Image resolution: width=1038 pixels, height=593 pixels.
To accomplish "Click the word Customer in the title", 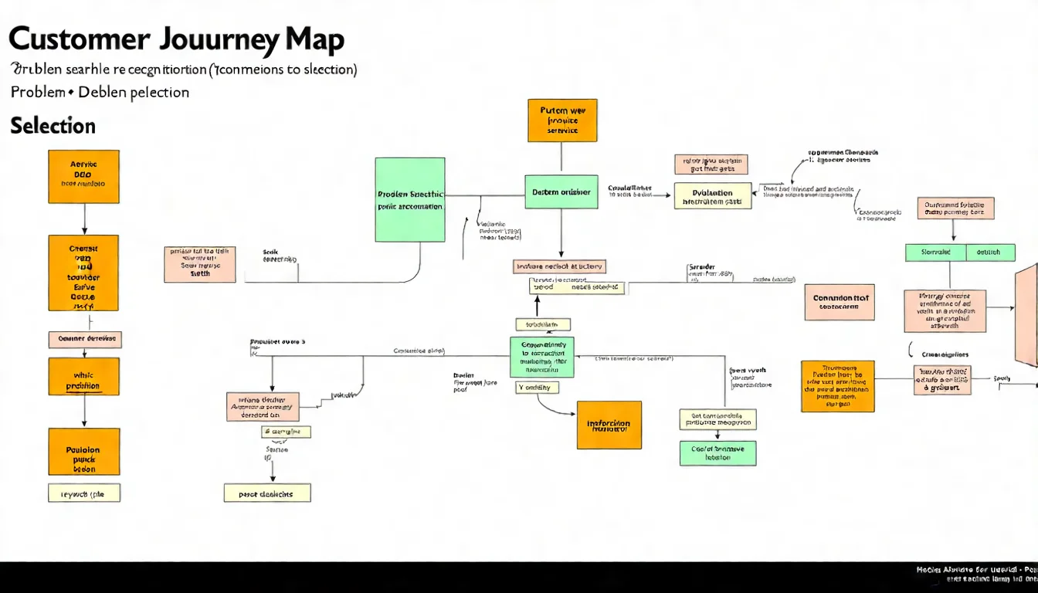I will [x=80, y=39].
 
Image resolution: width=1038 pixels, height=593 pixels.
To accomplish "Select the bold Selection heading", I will [x=53, y=126].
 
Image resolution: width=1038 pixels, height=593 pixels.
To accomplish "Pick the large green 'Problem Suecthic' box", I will [x=410, y=200].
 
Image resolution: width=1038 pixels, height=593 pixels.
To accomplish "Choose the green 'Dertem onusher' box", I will [x=561, y=192].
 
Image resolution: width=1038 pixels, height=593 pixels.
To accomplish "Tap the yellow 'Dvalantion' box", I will [x=713, y=196].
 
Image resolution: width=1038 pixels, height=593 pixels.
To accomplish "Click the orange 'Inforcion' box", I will [x=609, y=425].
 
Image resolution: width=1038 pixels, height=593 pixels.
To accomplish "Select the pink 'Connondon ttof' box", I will [x=840, y=302].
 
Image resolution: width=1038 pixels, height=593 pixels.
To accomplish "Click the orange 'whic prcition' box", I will [x=83, y=376].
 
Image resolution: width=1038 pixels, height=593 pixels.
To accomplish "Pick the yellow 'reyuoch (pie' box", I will [x=83, y=493].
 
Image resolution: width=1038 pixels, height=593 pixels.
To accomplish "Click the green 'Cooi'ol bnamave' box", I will [x=717, y=453].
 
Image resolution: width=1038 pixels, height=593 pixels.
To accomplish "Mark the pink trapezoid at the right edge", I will [x=1026, y=315].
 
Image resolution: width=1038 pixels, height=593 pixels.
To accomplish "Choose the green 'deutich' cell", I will [x=988, y=252].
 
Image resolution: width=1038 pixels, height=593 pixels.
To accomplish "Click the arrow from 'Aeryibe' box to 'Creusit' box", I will [x=84, y=219].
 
